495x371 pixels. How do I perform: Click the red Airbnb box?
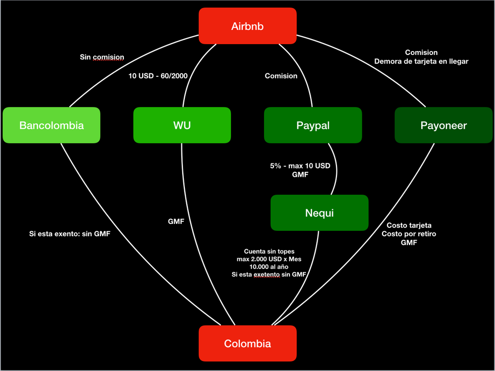click(x=247, y=26)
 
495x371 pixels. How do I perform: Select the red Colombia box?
click(x=247, y=343)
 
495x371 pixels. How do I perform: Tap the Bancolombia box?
click(x=52, y=125)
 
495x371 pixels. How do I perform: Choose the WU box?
click(x=182, y=125)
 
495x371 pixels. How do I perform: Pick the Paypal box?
click(x=313, y=125)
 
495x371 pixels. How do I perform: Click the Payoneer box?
click(x=443, y=125)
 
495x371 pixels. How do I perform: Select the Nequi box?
click(x=319, y=213)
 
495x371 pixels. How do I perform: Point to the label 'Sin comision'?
click(x=102, y=57)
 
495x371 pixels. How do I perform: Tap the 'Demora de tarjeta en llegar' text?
click(x=421, y=61)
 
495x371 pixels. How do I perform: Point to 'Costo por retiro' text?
click(x=409, y=234)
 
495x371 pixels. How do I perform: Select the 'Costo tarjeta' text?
click(x=409, y=225)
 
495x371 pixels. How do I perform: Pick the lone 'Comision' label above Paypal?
click(x=281, y=76)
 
